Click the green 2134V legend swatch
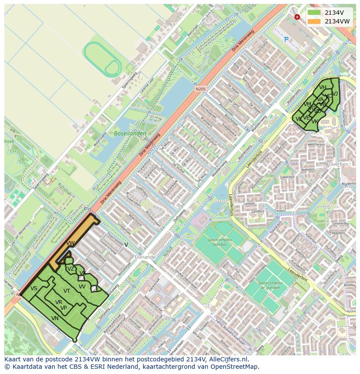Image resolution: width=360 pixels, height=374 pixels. (314, 13)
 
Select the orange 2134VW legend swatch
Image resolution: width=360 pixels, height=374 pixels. (314, 21)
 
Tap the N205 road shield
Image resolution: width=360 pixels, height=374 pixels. (200, 89)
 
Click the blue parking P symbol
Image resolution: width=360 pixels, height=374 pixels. (286, 39)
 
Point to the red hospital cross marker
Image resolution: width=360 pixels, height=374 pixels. (297, 17)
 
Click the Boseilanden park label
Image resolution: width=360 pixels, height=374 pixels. (130, 134)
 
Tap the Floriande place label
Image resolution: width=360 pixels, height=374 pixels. (144, 257)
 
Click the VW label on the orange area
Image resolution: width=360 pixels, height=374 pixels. (70, 243)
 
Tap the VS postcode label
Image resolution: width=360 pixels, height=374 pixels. (34, 288)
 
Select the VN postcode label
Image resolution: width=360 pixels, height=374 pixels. (55, 318)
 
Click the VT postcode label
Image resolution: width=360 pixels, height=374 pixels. (67, 291)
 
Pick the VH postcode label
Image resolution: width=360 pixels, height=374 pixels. (323, 87)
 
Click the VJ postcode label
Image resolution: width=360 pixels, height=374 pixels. (335, 87)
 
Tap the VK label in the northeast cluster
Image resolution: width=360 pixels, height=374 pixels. (315, 122)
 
